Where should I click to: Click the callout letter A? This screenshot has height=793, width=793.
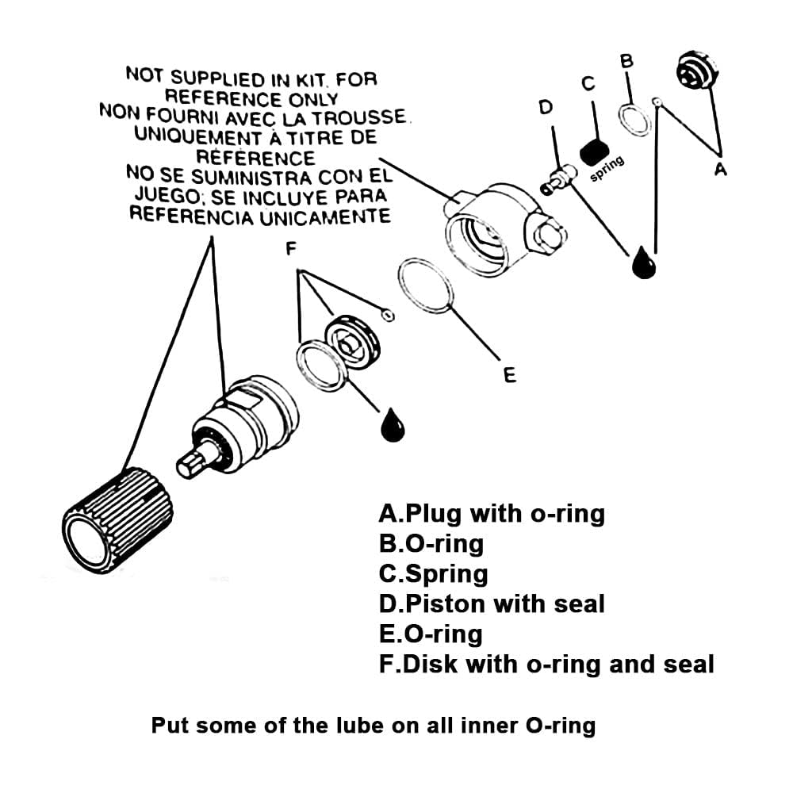tap(720, 169)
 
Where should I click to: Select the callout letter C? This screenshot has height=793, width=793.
tap(588, 84)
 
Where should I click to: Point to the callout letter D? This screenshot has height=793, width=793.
tap(546, 107)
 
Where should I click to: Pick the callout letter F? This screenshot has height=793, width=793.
tap(291, 248)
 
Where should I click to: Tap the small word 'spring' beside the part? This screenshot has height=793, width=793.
tap(607, 169)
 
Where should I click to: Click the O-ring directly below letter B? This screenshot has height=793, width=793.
tap(633, 119)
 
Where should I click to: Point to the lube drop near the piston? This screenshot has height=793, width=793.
tap(644, 262)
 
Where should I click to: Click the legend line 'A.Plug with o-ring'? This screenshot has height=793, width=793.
tap(492, 514)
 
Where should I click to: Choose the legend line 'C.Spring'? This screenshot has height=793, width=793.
tap(434, 573)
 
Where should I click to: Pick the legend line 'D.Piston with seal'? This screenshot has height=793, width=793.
tap(492, 603)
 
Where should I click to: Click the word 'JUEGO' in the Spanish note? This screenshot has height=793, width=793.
tap(162, 193)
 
